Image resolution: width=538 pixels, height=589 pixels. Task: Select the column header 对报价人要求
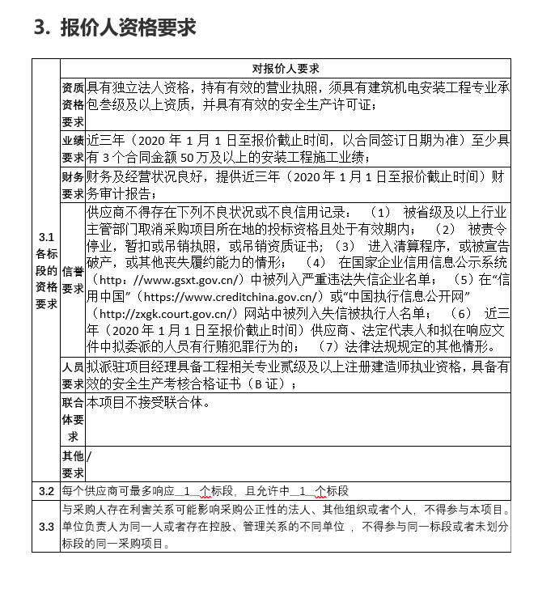[x=286, y=69]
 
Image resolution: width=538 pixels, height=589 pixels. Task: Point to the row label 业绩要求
[x=73, y=147]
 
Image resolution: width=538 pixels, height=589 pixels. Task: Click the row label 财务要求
[x=73, y=184]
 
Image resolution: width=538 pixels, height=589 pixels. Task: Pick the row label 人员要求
[x=73, y=375]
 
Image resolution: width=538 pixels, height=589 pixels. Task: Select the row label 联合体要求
[x=73, y=419]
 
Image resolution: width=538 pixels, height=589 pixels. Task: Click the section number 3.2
[x=46, y=490]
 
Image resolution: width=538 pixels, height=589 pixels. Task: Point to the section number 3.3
[x=46, y=527]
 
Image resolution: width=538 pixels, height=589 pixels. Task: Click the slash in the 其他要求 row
[x=90, y=456]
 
